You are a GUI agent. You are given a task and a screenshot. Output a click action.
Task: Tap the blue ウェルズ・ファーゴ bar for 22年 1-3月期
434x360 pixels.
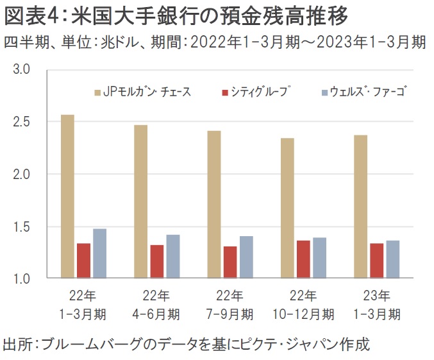coord(100,253)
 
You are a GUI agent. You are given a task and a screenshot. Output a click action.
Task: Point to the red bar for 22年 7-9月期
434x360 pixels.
coord(231,262)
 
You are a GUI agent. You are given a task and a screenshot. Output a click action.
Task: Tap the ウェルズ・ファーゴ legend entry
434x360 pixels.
coord(364,92)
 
